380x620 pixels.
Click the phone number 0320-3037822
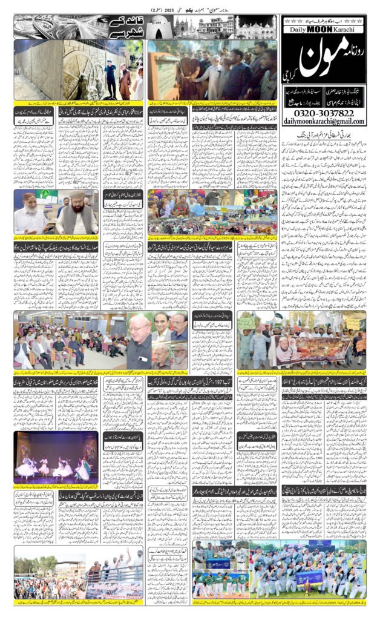pyautogui.click(x=324, y=112)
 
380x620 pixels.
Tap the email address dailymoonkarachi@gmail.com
pyautogui.click(x=324, y=122)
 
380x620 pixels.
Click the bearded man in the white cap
pyautogui.click(x=77, y=213)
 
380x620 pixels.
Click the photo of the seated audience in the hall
pyautogui.click(x=70, y=339)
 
